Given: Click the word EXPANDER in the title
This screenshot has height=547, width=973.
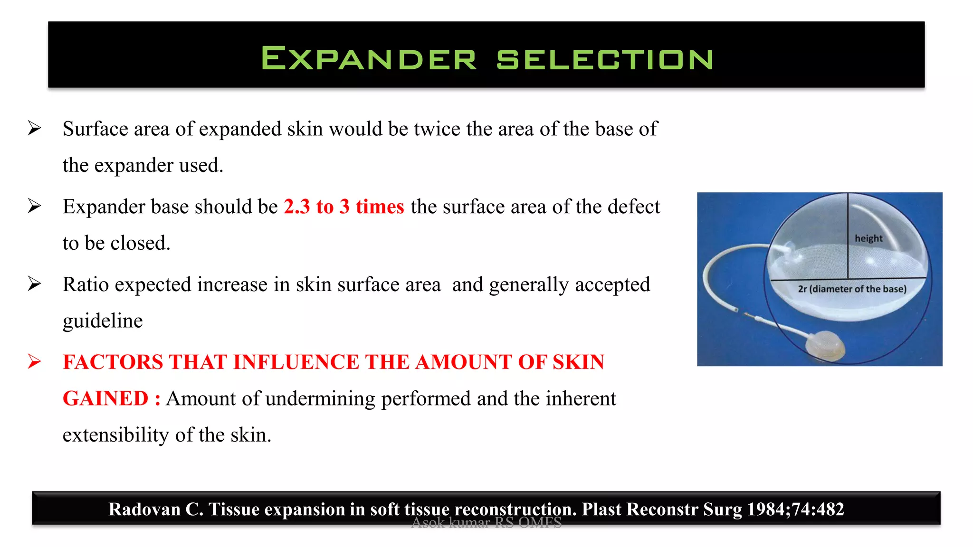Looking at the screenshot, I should coord(368,59).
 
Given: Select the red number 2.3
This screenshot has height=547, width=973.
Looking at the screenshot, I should coord(296,207).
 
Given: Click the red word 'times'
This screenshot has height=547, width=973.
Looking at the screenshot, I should coord(380,207).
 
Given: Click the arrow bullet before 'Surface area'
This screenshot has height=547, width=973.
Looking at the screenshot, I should coord(34,128).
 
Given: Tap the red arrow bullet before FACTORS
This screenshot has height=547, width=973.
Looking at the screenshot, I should coord(34,362).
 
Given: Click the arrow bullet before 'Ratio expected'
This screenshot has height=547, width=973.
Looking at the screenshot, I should coord(34,284).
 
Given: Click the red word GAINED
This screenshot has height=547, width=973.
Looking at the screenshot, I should coord(105,398).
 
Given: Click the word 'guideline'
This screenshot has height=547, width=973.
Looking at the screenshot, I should coord(103,321).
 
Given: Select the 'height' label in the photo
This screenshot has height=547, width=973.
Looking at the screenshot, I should coord(868,238).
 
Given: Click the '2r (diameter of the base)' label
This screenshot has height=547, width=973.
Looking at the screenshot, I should coord(852,289).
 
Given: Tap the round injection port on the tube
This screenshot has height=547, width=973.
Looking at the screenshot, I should coord(825,344).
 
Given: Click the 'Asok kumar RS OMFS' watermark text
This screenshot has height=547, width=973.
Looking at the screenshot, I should coord(486,523).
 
